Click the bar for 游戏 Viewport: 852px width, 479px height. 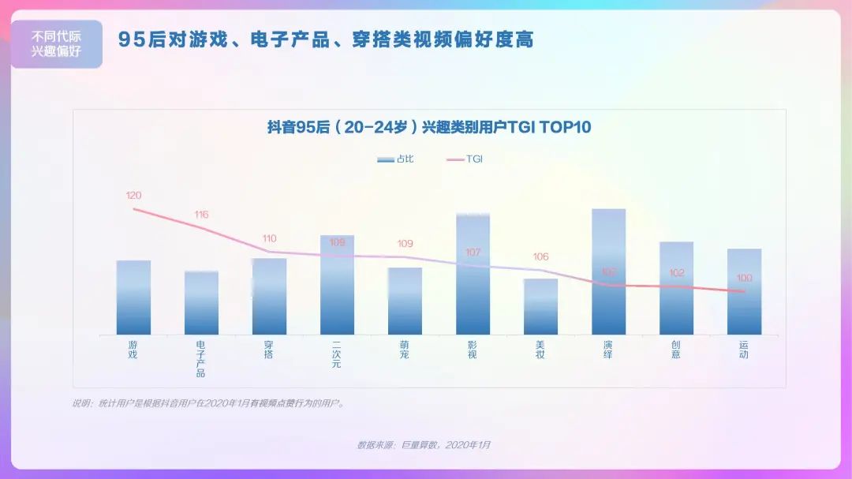133,298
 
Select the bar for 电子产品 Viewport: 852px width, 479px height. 201,303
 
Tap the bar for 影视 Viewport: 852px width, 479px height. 473,274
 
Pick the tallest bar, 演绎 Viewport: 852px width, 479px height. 608,271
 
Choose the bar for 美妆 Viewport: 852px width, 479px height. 540,306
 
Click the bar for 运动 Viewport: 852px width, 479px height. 744,291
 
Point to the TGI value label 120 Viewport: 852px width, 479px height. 133,195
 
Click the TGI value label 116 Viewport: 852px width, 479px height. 201,215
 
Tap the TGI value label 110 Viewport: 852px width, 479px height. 269,238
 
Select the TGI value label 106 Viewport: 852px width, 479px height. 540,257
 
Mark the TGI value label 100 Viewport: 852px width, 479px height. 744,278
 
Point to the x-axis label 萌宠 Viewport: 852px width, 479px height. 405,350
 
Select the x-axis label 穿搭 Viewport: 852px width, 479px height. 269,350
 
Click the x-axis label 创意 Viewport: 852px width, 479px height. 676,350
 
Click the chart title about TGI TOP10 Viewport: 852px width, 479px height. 429,127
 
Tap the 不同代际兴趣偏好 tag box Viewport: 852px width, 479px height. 56,44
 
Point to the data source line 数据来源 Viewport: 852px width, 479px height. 424,445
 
